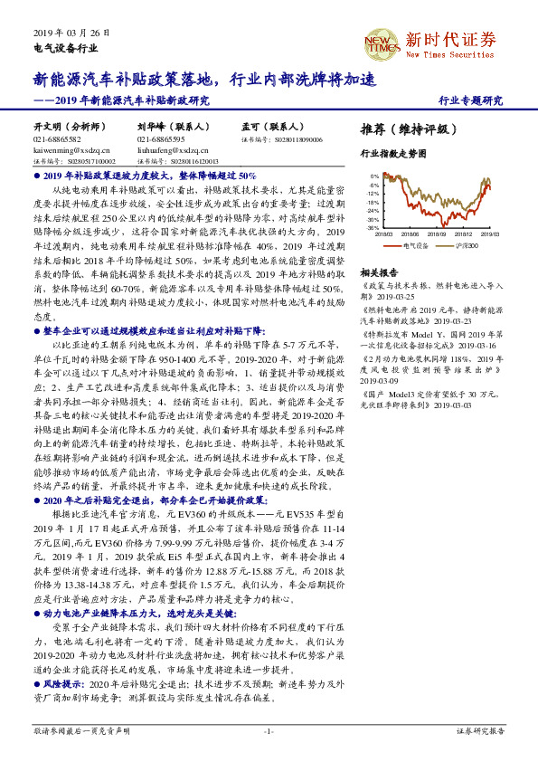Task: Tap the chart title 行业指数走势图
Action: tap(392, 154)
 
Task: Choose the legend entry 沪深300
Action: tap(463, 244)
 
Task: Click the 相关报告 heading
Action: tap(379, 271)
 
